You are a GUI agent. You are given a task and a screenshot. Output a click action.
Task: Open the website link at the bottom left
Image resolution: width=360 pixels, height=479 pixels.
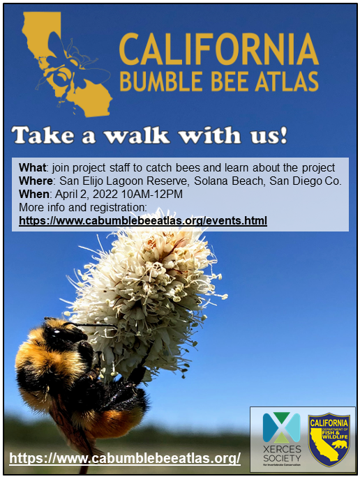click(125, 458)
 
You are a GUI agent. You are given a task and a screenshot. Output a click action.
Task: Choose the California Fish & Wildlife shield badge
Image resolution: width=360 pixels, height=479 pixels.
click(329, 438)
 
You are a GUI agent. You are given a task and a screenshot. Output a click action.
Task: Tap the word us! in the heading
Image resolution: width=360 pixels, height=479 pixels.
click(264, 135)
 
